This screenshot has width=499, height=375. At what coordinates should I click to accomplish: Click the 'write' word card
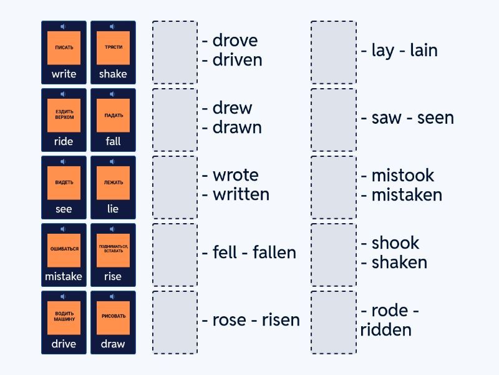(x=64, y=52)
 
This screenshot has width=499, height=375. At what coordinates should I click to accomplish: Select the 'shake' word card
(x=113, y=52)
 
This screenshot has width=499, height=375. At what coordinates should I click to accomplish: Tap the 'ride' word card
(x=64, y=120)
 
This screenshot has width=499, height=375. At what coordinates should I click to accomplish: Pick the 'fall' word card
(x=113, y=120)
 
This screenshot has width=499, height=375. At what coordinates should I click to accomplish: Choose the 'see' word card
(x=64, y=187)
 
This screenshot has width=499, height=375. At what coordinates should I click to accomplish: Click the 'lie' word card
(x=113, y=187)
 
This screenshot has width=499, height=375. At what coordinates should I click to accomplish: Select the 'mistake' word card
(x=64, y=255)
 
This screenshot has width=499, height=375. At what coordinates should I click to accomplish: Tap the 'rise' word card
(x=113, y=255)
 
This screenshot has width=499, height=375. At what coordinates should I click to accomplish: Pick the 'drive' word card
(x=64, y=322)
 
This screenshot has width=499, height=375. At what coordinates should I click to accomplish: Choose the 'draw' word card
(x=113, y=322)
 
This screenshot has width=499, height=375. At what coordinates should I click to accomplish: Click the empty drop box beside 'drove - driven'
(x=175, y=52)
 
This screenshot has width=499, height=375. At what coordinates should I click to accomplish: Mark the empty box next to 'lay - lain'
(x=334, y=52)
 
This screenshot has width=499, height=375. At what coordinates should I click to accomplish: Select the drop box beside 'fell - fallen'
(x=175, y=255)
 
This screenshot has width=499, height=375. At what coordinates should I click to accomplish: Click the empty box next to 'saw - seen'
(x=334, y=120)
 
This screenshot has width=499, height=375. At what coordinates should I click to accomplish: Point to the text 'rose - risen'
(x=251, y=320)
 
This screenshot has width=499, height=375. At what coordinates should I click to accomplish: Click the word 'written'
(x=241, y=194)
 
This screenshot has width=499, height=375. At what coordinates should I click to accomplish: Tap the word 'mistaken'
(x=407, y=194)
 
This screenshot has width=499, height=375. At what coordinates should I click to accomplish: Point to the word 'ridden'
(x=385, y=330)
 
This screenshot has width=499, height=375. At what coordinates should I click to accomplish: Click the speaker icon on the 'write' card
(x=63, y=26)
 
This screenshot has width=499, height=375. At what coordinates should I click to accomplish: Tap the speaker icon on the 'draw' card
(x=112, y=296)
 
